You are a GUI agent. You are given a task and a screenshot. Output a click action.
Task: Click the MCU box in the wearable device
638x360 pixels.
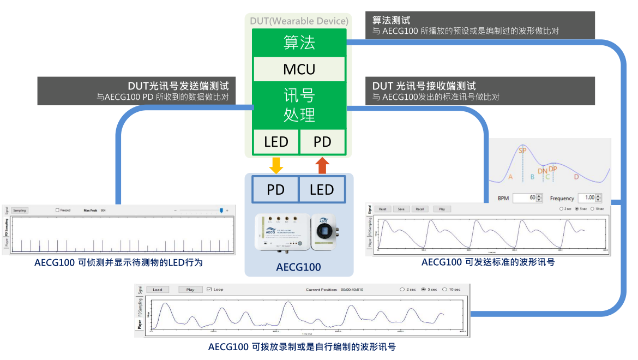tap(299, 69)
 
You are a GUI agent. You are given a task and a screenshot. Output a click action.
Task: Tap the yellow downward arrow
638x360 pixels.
tap(276, 165)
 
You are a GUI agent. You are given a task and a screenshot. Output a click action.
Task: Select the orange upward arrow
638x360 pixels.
tap(322, 165)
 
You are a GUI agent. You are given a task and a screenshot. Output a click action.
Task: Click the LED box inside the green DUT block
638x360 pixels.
tap(276, 142)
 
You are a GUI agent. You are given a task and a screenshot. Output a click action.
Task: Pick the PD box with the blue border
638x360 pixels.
tap(275, 189)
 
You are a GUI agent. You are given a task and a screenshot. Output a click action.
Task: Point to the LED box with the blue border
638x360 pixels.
tap(322, 189)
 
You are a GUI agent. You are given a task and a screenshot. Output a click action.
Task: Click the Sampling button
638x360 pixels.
tap(20, 210)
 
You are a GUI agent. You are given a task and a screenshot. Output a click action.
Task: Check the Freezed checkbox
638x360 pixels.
tap(58, 210)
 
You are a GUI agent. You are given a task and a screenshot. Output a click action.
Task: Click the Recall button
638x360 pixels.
tap(419, 209)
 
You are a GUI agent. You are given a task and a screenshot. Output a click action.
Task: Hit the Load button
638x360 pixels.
tap(157, 290)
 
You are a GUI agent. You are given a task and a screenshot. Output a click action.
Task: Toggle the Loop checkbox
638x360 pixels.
tap(208, 290)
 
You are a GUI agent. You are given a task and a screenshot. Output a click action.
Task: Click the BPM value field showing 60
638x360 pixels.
tap(525, 198)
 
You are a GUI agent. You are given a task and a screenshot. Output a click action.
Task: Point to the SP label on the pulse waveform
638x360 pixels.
tap(522, 151)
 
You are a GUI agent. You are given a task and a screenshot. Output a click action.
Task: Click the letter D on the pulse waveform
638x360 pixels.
tap(576, 177)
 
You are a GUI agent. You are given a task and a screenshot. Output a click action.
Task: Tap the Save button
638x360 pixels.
tap(401, 209)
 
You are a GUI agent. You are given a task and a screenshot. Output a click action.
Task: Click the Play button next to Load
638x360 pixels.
tap(190, 290)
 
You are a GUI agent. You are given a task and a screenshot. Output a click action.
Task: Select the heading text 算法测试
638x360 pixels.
tap(392, 21)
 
